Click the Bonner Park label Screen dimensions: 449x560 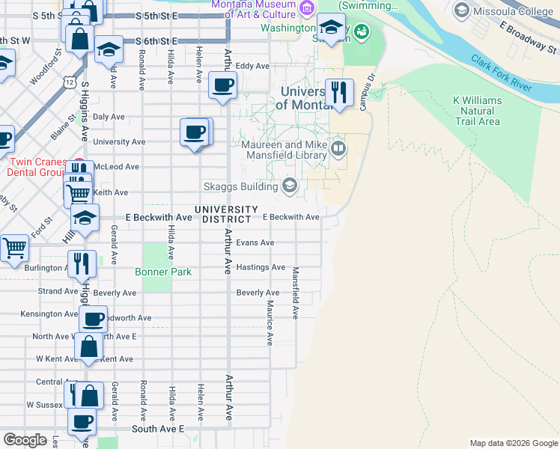point(163,272)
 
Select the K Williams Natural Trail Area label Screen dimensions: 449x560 point(477,111)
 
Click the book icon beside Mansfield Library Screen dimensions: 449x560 point(338,148)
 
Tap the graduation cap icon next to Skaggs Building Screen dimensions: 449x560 point(289,186)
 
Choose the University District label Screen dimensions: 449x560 point(227,214)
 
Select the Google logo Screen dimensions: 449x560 point(25,439)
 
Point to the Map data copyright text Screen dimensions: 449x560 point(513,443)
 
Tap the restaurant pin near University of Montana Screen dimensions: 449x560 point(340,93)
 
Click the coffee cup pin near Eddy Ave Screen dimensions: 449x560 point(222,85)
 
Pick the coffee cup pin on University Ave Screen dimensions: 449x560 point(195,132)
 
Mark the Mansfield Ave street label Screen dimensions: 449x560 point(296,293)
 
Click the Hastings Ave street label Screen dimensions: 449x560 point(261,267)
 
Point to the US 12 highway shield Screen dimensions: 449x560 point(69,80)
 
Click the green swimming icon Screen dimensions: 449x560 point(362,31)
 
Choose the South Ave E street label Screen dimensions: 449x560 point(158,429)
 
